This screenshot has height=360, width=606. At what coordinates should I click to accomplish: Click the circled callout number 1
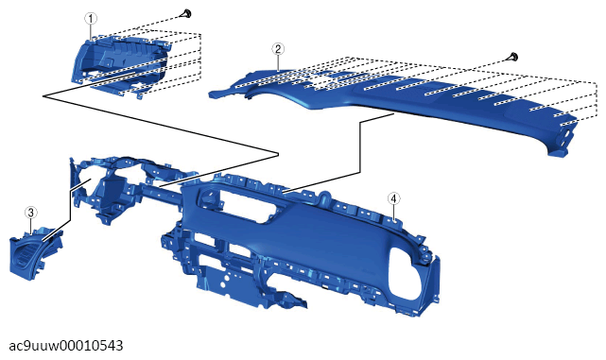click(91, 18)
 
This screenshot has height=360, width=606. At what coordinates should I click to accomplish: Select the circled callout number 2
click(278, 49)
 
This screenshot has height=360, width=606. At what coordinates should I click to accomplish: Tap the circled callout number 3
click(31, 212)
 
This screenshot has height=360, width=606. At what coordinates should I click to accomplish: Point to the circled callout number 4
click(393, 198)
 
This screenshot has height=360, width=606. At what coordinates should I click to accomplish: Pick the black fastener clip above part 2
click(513, 57)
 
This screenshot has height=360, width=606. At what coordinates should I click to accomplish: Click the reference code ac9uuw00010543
click(65, 345)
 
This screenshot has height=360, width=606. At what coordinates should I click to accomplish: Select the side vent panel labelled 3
click(36, 254)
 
